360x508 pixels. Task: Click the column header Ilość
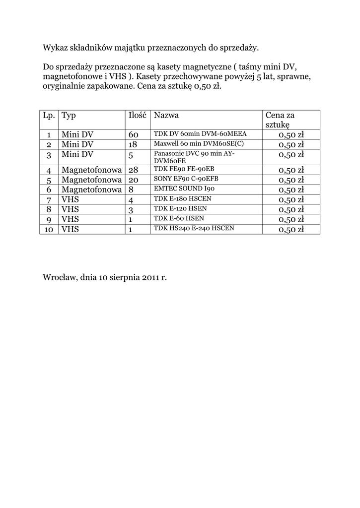pos(137,116)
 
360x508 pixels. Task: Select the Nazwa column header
pos(166,116)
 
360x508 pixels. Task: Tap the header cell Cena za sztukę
pos(280,120)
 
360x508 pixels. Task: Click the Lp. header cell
pos(49,116)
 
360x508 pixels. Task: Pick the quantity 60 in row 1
pos(134,135)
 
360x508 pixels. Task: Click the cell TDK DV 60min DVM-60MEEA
pos(200,134)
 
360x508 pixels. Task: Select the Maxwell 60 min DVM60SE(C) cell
pos(199,144)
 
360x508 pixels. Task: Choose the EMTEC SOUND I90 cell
pos(184,189)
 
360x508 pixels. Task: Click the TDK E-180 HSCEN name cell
pos(183,198)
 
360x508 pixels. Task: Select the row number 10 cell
pos(49,229)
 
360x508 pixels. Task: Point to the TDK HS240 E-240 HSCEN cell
pos(194,228)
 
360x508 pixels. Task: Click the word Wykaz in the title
pos(54,48)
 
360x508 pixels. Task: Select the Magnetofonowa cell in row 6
pos(91,190)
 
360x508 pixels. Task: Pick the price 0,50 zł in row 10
pos(291,229)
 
